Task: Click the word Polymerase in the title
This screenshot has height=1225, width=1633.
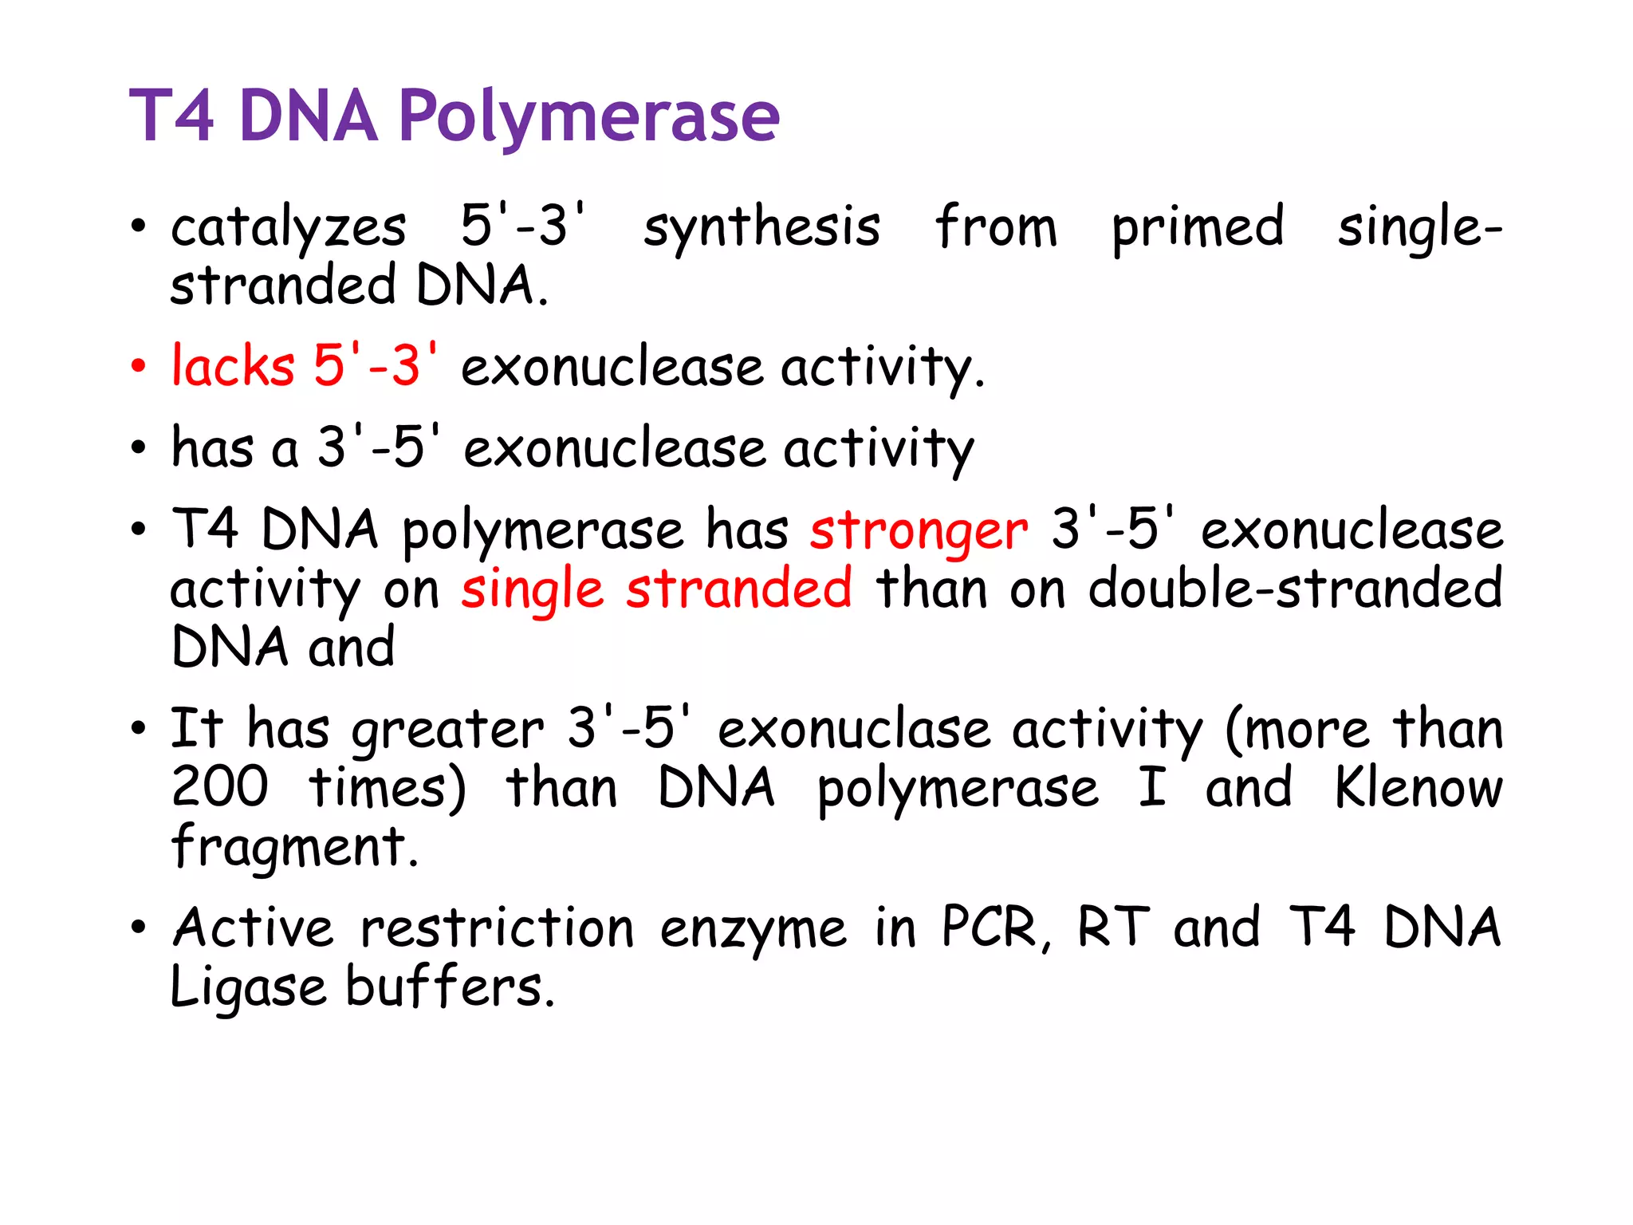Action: pyautogui.click(x=588, y=117)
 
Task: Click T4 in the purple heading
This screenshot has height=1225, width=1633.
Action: pyautogui.click(x=172, y=117)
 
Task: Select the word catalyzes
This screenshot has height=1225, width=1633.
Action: pyautogui.click(x=289, y=228)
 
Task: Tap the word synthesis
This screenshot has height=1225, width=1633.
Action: pyautogui.click(x=761, y=228)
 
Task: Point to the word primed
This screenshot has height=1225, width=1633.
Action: pyautogui.click(x=1198, y=228)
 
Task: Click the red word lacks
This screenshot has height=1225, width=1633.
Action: pyautogui.click(x=233, y=367)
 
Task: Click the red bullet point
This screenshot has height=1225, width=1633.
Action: pyautogui.click(x=139, y=367)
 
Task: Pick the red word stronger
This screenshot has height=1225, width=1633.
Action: pyautogui.click(x=919, y=531)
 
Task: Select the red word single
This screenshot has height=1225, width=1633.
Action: pyautogui.click(x=532, y=590)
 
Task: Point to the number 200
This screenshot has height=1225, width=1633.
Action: pyautogui.click(x=220, y=788)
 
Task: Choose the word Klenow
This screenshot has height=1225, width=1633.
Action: pyautogui.click(x=1419, y=788)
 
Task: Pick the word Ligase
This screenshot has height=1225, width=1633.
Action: pyautogui.click(x=248, y=989)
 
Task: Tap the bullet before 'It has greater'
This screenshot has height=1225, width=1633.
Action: pyautogui.click(x=139, y=728)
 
